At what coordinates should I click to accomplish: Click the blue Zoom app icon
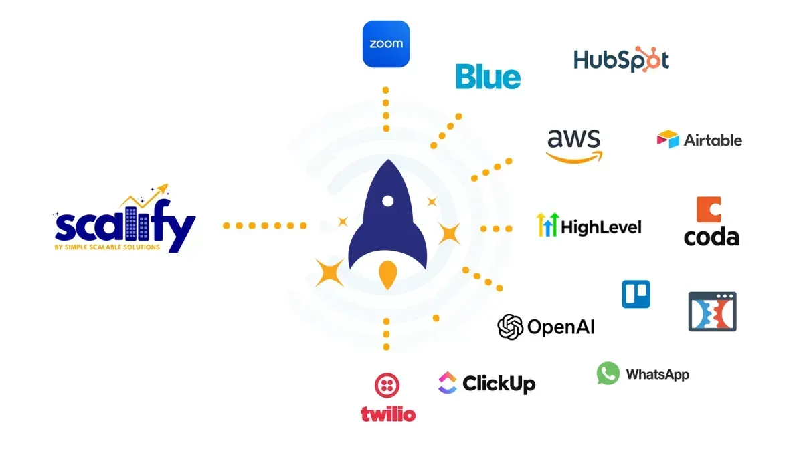[x=385, y=44]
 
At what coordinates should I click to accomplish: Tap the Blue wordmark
[x=488, y=77]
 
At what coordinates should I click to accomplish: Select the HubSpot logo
[x=621, y=60]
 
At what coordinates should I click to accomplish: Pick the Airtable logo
[x=699, y=140]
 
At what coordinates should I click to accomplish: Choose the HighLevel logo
[x=589, y=226]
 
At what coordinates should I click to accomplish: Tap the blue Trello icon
[x=636, y=294]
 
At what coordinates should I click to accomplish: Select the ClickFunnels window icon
[x=712, y=311]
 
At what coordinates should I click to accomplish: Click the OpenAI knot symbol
[x=510, y=327]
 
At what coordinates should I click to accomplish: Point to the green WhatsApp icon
[x=608, y=373]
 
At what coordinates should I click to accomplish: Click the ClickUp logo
[x=486, y=384]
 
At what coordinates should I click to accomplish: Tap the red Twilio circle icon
[x=387, y=386]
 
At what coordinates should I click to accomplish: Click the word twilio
[x=388, y=414]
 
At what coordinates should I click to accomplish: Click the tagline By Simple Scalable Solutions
[x=107, y=247]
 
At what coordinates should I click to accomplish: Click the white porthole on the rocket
[x=386, y=201]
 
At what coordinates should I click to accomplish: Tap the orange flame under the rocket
[x=386, y=275]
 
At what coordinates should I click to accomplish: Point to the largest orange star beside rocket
[x=329, y=273]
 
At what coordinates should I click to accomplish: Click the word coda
[x=711, y=237]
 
